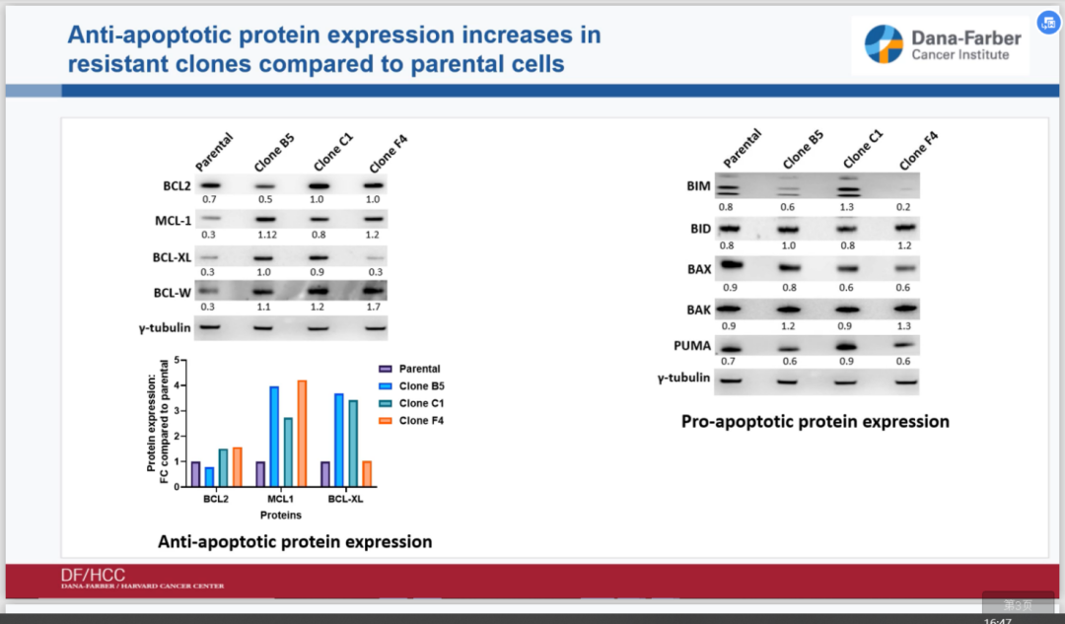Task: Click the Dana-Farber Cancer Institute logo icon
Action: [x=884, y=44]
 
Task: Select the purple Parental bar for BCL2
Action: [x=195, y=474]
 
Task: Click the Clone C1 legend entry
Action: [x=419, y=403]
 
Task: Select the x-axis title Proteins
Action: [x=281, y=515]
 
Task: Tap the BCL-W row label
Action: [x=173, y=291]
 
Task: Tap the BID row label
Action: [x=699, y=229]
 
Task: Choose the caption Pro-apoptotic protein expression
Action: [x=816, y=421]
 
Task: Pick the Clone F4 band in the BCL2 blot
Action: [x=373, y=184]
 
